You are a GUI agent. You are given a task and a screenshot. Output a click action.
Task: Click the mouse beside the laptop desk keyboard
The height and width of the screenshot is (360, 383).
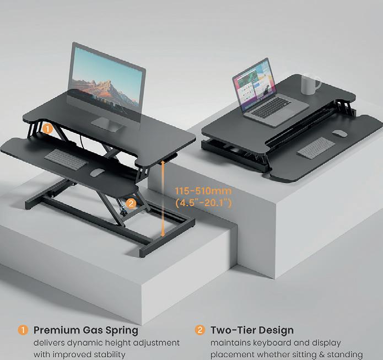[340, 133]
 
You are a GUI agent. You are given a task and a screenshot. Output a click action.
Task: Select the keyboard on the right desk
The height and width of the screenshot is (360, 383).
[315, 147]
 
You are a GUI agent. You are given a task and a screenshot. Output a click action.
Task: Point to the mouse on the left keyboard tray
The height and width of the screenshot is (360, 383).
[97, 173]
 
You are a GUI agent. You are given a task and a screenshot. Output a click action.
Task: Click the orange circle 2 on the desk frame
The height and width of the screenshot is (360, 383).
[131, 202]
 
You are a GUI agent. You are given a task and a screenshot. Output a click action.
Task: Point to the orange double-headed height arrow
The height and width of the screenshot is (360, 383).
[164, 198]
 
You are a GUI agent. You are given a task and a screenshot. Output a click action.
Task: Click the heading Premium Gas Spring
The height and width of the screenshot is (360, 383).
[86, 331]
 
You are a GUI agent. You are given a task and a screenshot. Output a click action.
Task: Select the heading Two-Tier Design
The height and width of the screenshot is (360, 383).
[252, 331]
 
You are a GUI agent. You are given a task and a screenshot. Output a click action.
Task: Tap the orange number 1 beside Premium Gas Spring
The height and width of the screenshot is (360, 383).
[23, 331]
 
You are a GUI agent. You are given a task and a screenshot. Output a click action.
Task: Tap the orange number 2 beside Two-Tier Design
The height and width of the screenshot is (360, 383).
[200, 331]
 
